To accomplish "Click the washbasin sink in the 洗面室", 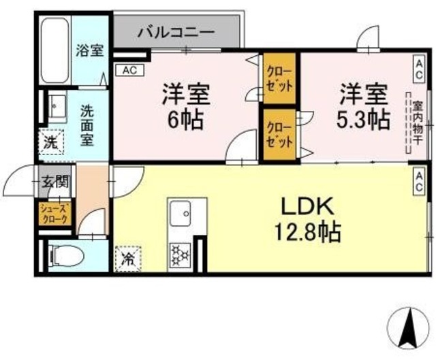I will click(55, 109).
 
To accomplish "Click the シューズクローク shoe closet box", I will click(54, 214).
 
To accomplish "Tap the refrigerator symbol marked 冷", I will click(128, 259).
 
